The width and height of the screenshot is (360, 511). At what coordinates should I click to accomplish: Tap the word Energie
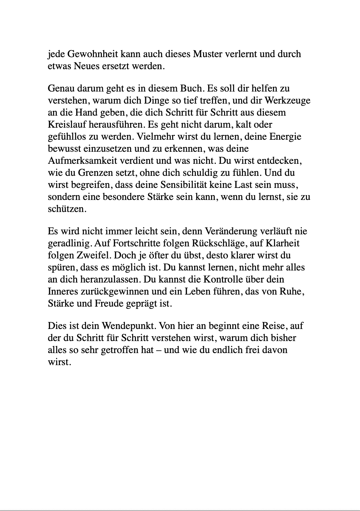pos(286,137)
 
